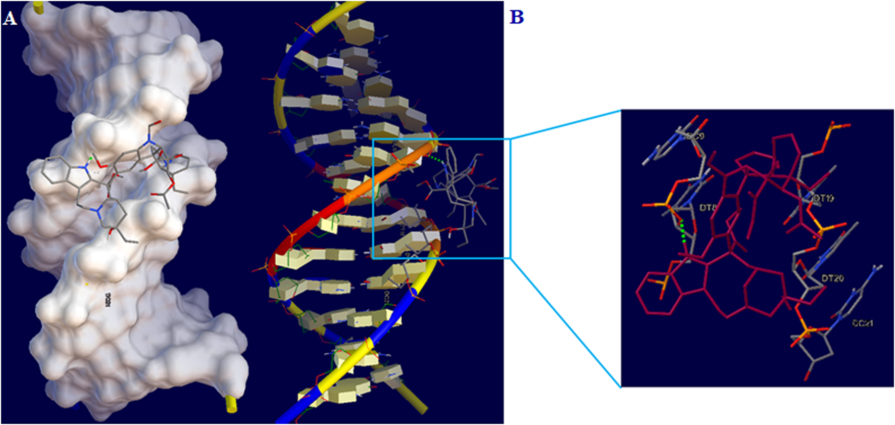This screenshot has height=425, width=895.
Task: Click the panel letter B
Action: (x=517, y=17)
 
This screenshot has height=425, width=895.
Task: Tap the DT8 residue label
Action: (x=708, y=208)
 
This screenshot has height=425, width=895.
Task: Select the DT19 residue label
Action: (x=823, y=199)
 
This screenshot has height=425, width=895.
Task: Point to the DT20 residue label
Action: (x=832, y=278)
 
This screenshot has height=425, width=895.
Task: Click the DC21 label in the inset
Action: (x=862, y=323)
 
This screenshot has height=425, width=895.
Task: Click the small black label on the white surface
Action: (x=108, y=299)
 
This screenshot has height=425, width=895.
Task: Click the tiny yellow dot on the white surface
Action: (x=87, y=284)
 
